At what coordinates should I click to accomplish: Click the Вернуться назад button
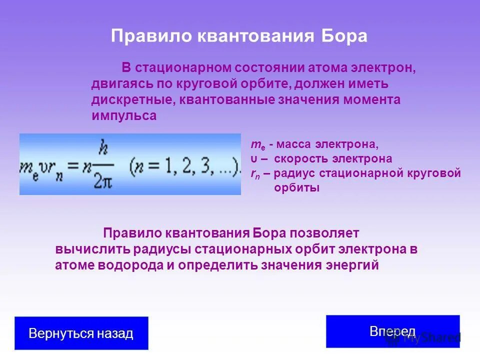81,333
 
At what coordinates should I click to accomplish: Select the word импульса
124,116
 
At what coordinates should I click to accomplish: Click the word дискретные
131,99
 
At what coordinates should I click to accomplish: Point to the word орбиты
296,188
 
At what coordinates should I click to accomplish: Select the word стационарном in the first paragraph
182,67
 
